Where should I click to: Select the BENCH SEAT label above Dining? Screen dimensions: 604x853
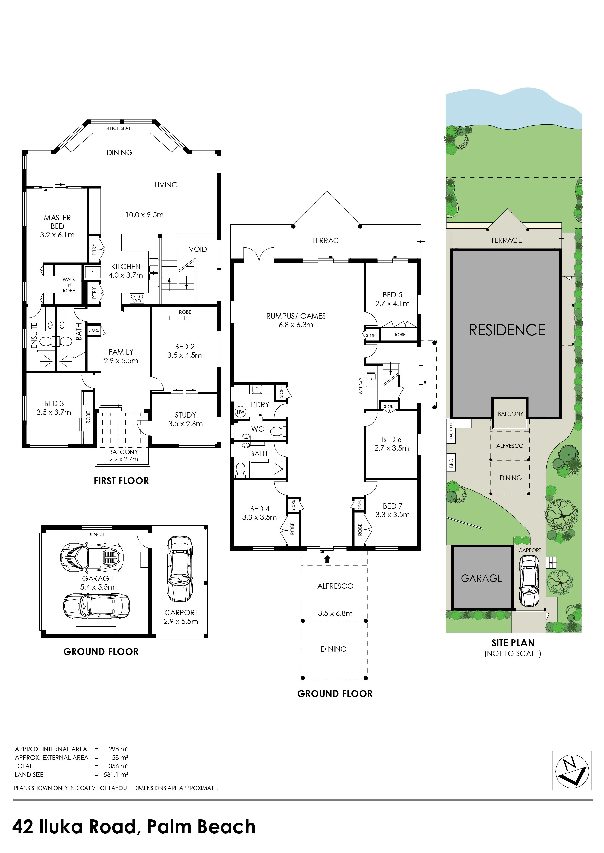click(x=118, y=128)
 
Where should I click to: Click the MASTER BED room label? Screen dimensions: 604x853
click(x=57, y=222)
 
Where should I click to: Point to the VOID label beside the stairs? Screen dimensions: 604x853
click(x=198, y=249)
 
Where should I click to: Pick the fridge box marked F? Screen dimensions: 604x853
click(x=93, y=272)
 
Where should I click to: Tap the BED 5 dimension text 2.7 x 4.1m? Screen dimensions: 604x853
click(x=392, y=303)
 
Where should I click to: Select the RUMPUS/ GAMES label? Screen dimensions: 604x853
click(x=296, y=316)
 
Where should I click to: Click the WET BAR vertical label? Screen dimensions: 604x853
click(x=361, y=386)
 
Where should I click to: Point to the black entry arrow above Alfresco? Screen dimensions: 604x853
click(x=327, y=559)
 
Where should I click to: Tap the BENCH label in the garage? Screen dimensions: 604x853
click(x=96, y=534)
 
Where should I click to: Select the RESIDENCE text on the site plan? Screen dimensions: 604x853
click(x=507, y=330)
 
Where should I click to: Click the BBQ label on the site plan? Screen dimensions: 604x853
click(x=452, y=463)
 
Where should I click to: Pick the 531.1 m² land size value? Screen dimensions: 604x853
click(x=116, y=775)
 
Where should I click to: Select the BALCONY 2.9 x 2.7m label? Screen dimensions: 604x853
click(x=123, y=455)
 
